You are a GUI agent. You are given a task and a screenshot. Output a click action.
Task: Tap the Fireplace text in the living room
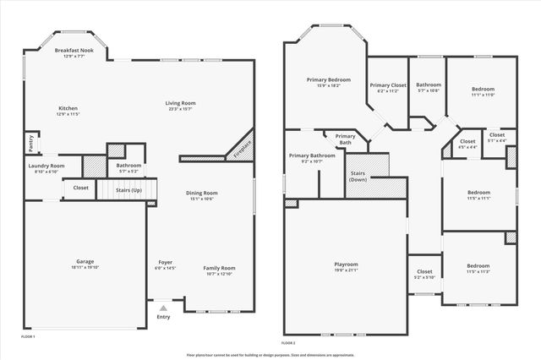point(244,145)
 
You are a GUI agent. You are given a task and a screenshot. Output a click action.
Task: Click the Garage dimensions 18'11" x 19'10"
point(85,267)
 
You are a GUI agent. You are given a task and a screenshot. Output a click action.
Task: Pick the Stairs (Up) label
point(129,191)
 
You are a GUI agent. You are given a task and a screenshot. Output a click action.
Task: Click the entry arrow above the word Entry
point(163,308)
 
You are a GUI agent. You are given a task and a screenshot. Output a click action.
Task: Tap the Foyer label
point(166,262)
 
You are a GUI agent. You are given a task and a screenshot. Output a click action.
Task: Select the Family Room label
point(219,268)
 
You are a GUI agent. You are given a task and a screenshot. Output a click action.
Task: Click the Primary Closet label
point(388,85)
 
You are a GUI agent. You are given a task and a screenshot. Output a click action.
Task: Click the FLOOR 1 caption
point(28,336)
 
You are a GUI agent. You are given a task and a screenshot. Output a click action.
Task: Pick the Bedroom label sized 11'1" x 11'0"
point(483,90)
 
